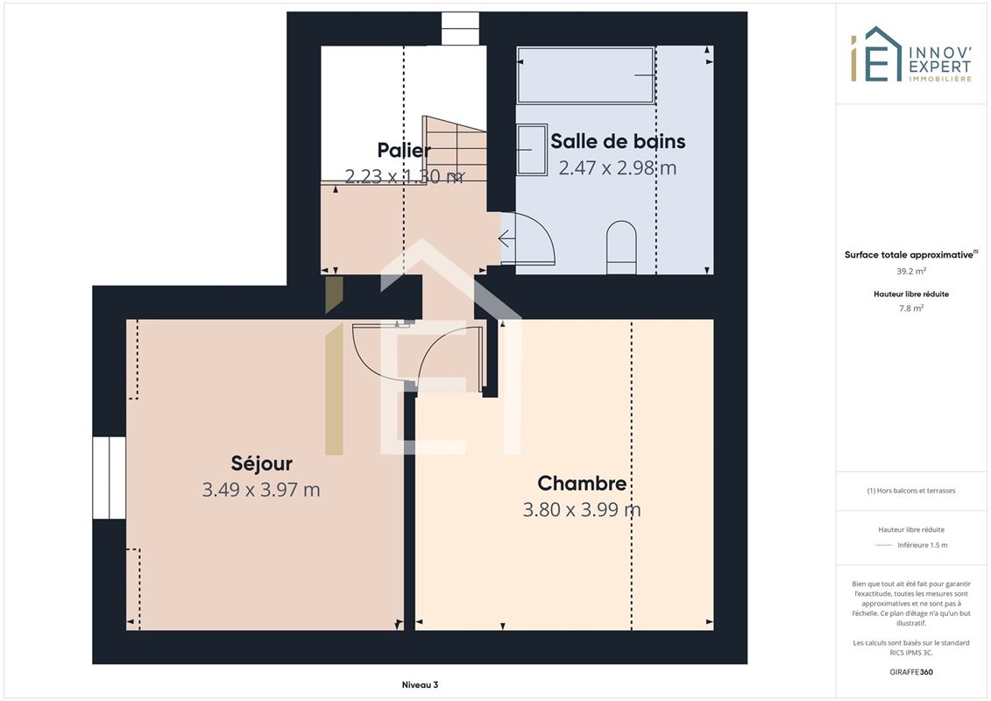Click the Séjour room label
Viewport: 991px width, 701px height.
[262, 464]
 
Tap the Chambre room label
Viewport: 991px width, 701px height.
[582, 483]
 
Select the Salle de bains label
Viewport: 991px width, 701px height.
[618, 141]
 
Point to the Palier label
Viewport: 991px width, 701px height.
[404, 150]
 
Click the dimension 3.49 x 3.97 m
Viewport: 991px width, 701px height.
[261, 490]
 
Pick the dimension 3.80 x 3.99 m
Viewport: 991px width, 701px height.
[582, 509]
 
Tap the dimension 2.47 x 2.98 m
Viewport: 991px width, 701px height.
[618, 168]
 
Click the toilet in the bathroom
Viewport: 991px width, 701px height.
[621, 247]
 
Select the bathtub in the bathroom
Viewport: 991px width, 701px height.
[585, 75]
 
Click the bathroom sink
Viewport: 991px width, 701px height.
[532, 150]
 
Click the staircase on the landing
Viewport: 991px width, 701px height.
[455, 149]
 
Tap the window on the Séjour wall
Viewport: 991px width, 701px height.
[110, 478]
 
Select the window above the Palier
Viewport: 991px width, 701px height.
[459, 28]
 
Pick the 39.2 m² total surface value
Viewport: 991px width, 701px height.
[910, 271]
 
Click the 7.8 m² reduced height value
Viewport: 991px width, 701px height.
[910, 308]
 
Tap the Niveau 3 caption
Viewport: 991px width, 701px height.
[420, 684]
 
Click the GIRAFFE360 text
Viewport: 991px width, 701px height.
[910, 672]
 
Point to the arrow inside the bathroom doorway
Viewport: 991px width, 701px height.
[506, 239]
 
